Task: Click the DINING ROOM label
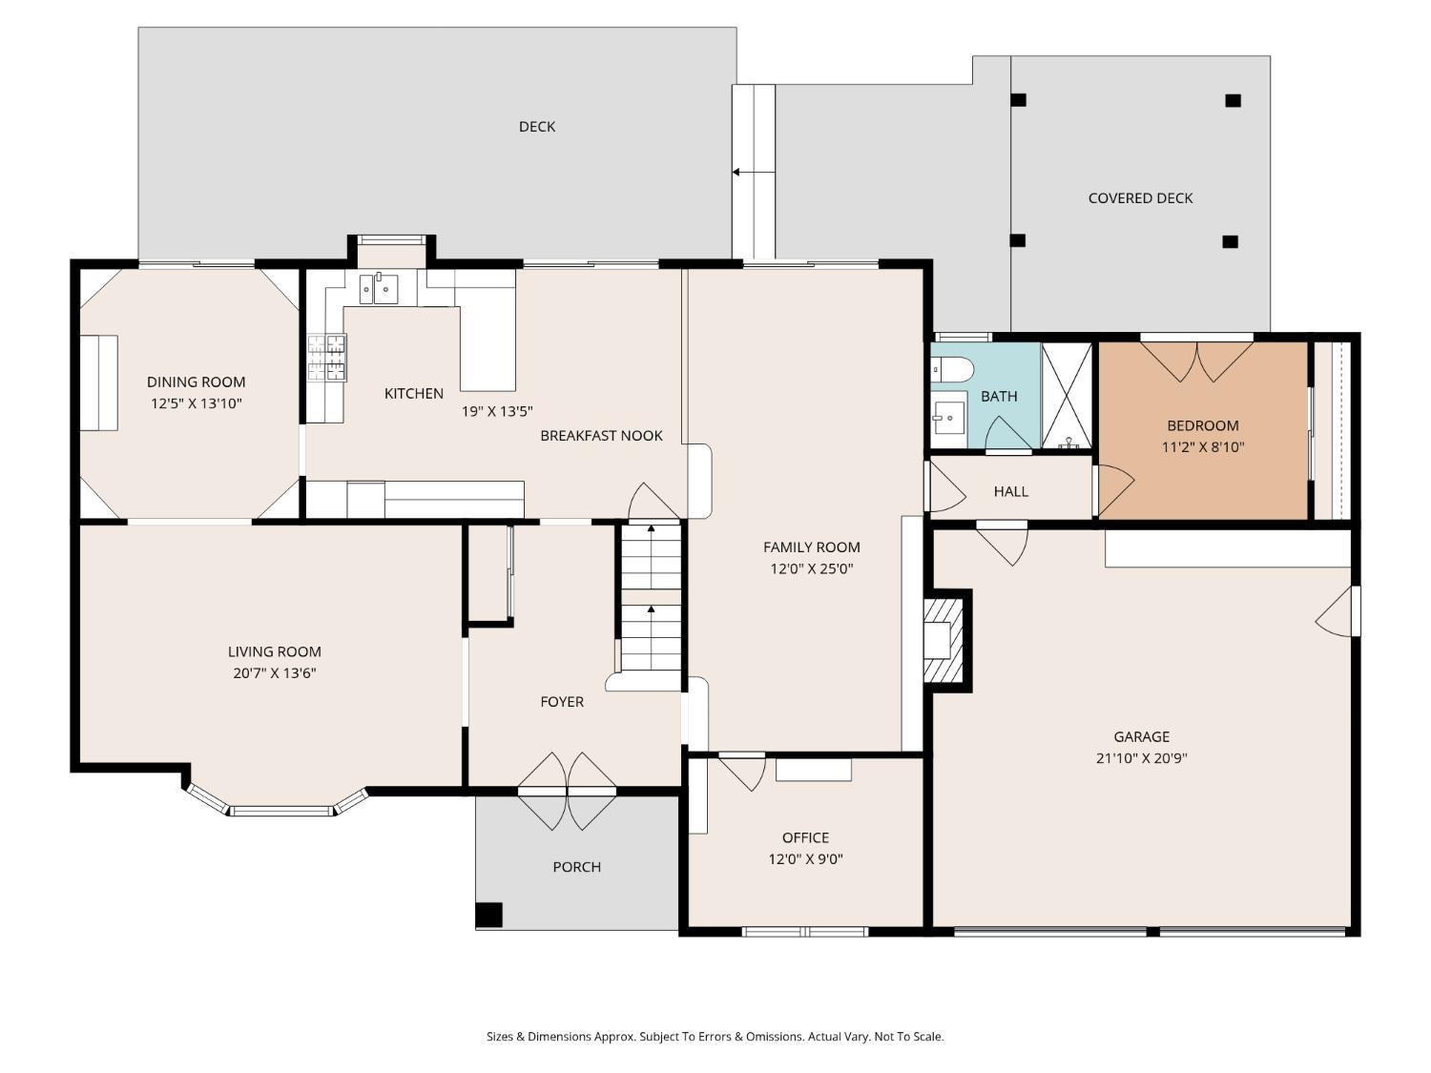point(196,382)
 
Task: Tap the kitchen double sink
point(379,288)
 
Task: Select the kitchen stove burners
point(326,357)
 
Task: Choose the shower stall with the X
point(1067,396)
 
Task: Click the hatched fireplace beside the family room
point(944,640)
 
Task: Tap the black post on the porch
point(488,915)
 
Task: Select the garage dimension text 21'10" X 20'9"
point(1141,758)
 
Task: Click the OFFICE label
point(806,837)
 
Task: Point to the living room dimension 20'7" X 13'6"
point(275,673)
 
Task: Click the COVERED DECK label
point(1140,198)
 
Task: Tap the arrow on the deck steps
point(753,173)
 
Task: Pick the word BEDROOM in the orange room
point(1203,425)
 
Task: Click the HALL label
point(1011,491)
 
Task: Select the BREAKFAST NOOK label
point(601,435)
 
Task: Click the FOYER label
point(562,702)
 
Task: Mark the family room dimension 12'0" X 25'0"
point(812,568)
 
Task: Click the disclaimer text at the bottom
point(715,1036)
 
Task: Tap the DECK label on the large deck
point(537,127)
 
